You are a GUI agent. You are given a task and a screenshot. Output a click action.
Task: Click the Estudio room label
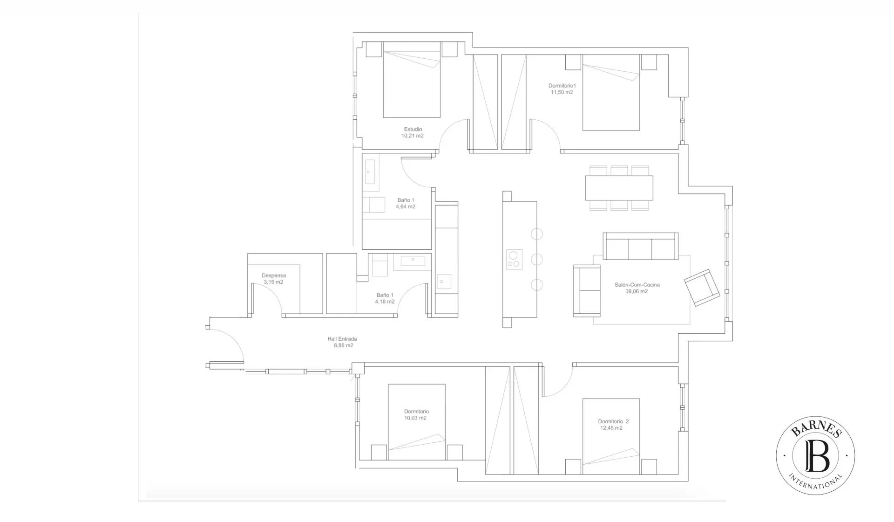click(x=413, y=129)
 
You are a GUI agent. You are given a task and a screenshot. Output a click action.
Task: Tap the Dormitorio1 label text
click(x=562, y=86)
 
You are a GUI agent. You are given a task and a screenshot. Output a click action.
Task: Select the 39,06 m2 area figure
click(x=637, y=291)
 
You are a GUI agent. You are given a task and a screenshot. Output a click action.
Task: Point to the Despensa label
click(x=273, y=275)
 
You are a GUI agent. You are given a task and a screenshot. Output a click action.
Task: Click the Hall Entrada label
click(x=342, y=339)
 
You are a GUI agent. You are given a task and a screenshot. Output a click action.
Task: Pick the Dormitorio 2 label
click(x=613, y=421)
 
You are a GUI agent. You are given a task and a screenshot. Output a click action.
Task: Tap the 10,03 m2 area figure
click(x=415, y=418)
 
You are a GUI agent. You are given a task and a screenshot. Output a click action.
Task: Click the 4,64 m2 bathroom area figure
click(x=406, y=206)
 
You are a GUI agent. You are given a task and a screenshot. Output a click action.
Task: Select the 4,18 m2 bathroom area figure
click(x=385, y=302)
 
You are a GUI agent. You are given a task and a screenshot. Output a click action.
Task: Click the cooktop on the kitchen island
click(x=515, y=259)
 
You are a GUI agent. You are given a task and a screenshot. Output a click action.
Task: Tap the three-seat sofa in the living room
click(x=641, y=246)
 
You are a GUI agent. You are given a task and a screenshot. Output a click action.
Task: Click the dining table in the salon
click(x=619, y=187)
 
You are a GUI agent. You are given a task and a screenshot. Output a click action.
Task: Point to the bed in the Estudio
click(x=412, y=80)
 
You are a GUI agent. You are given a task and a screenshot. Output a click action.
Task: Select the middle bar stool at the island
click(x=537, y=259)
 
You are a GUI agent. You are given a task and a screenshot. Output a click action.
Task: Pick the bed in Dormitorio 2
click(x=611, y=436)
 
